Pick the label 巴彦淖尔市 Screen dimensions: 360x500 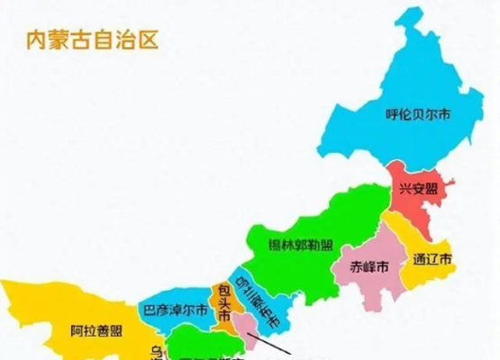point(176,310)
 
